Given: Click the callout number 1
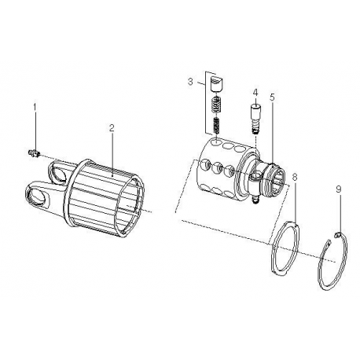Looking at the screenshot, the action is tap(35, 107).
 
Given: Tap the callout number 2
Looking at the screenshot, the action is tap(112, 128).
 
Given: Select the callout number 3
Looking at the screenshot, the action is tap(190, 82).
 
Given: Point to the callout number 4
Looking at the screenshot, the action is tap(255, 92).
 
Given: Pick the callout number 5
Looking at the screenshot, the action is tap(272, 97).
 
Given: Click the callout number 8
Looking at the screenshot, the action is tap(295, 177).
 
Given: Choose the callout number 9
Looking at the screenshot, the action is tap(339, 189).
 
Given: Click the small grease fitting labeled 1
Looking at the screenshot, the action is tap(33, 152).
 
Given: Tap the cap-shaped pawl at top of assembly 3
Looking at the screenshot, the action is tap(216, 83).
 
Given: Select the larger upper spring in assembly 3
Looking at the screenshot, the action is tap(216, 105).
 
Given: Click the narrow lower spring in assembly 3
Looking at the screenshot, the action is tap(216, 126).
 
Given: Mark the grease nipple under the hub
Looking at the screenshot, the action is tap(255, 200).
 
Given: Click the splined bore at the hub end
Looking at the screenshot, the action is tap(279, 179).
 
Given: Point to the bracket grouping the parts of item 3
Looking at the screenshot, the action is tap(207, 104).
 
